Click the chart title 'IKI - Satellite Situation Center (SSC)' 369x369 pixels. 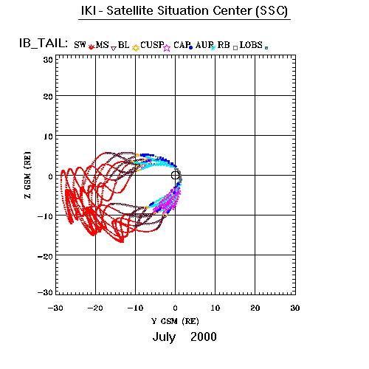[184, 11]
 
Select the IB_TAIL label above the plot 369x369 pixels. [44, 44]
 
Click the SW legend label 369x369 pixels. [80, 45]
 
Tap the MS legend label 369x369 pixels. [103, 45]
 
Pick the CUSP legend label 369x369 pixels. [152, 45]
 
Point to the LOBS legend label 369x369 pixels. [251, 45]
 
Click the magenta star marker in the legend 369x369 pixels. [167, 48]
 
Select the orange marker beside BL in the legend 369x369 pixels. [136, 48]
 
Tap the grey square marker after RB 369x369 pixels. [235, 48]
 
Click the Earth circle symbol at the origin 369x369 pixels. [175, 176]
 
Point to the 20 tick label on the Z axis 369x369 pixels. [48, 97]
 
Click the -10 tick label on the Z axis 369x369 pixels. [45, 216]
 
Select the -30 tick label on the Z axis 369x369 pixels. [45, 292]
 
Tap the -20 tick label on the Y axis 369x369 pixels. [95, 308]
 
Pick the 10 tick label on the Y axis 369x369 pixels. [215, 308]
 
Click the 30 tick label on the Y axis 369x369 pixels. [295, 308]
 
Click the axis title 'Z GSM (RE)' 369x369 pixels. [27, 175]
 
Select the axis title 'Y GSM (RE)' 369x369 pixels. [175, 321]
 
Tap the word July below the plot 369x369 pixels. [164, 337]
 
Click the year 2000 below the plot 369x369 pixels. [204, 337]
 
